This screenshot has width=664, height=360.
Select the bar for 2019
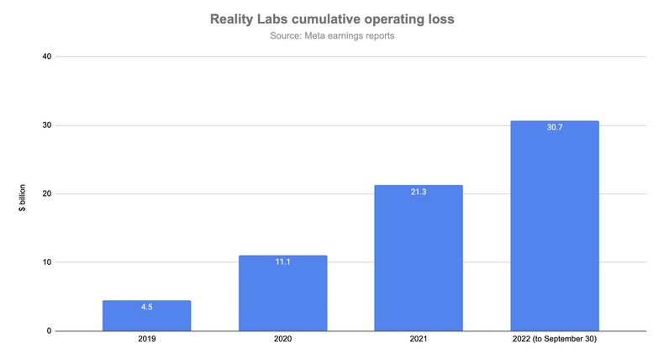(x=146, y=316)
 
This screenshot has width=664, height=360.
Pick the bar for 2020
(x=282, y=294)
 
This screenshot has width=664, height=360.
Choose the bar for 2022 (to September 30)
(x=555, y=226)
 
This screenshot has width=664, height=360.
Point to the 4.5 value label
(x=146, y=307)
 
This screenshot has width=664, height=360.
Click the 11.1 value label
(x=282, y=262)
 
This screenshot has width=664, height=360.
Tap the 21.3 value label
(x=419, y=192)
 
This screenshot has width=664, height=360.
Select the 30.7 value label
(x=555, y=127)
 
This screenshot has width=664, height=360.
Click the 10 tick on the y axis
(x=47, y=262)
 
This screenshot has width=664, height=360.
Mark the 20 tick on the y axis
(x=47, y=193)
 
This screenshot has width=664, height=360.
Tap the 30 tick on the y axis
(x=47, y=125)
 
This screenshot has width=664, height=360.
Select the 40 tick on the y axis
(x=47, y=56)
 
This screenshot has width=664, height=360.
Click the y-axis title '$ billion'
(x=22, y=193)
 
